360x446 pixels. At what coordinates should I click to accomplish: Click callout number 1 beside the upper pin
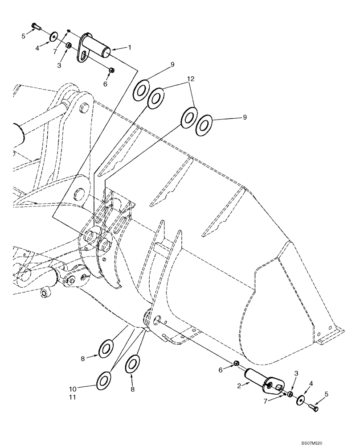click(x=130, y=47)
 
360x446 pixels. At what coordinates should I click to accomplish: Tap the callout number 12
click(x=191, y=78)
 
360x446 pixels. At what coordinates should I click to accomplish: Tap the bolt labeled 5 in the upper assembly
click(x=36, y=27)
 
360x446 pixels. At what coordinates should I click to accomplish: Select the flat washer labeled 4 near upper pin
click(x=53, y=35)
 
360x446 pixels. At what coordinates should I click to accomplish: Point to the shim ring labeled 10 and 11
click(x=104, y=380)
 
